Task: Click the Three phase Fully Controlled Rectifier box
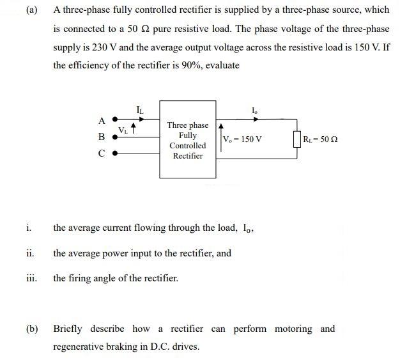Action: tap(187, 139)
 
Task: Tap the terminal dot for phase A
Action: tap(115, 119)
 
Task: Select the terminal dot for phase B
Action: tap(115, 136)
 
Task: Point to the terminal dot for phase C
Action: tap(115, 153)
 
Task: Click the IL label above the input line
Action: tap(140, 110)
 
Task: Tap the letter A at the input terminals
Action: tap(101, 120)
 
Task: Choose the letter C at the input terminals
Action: tap(101, 153)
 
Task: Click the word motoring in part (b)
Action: tap(294, 329)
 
